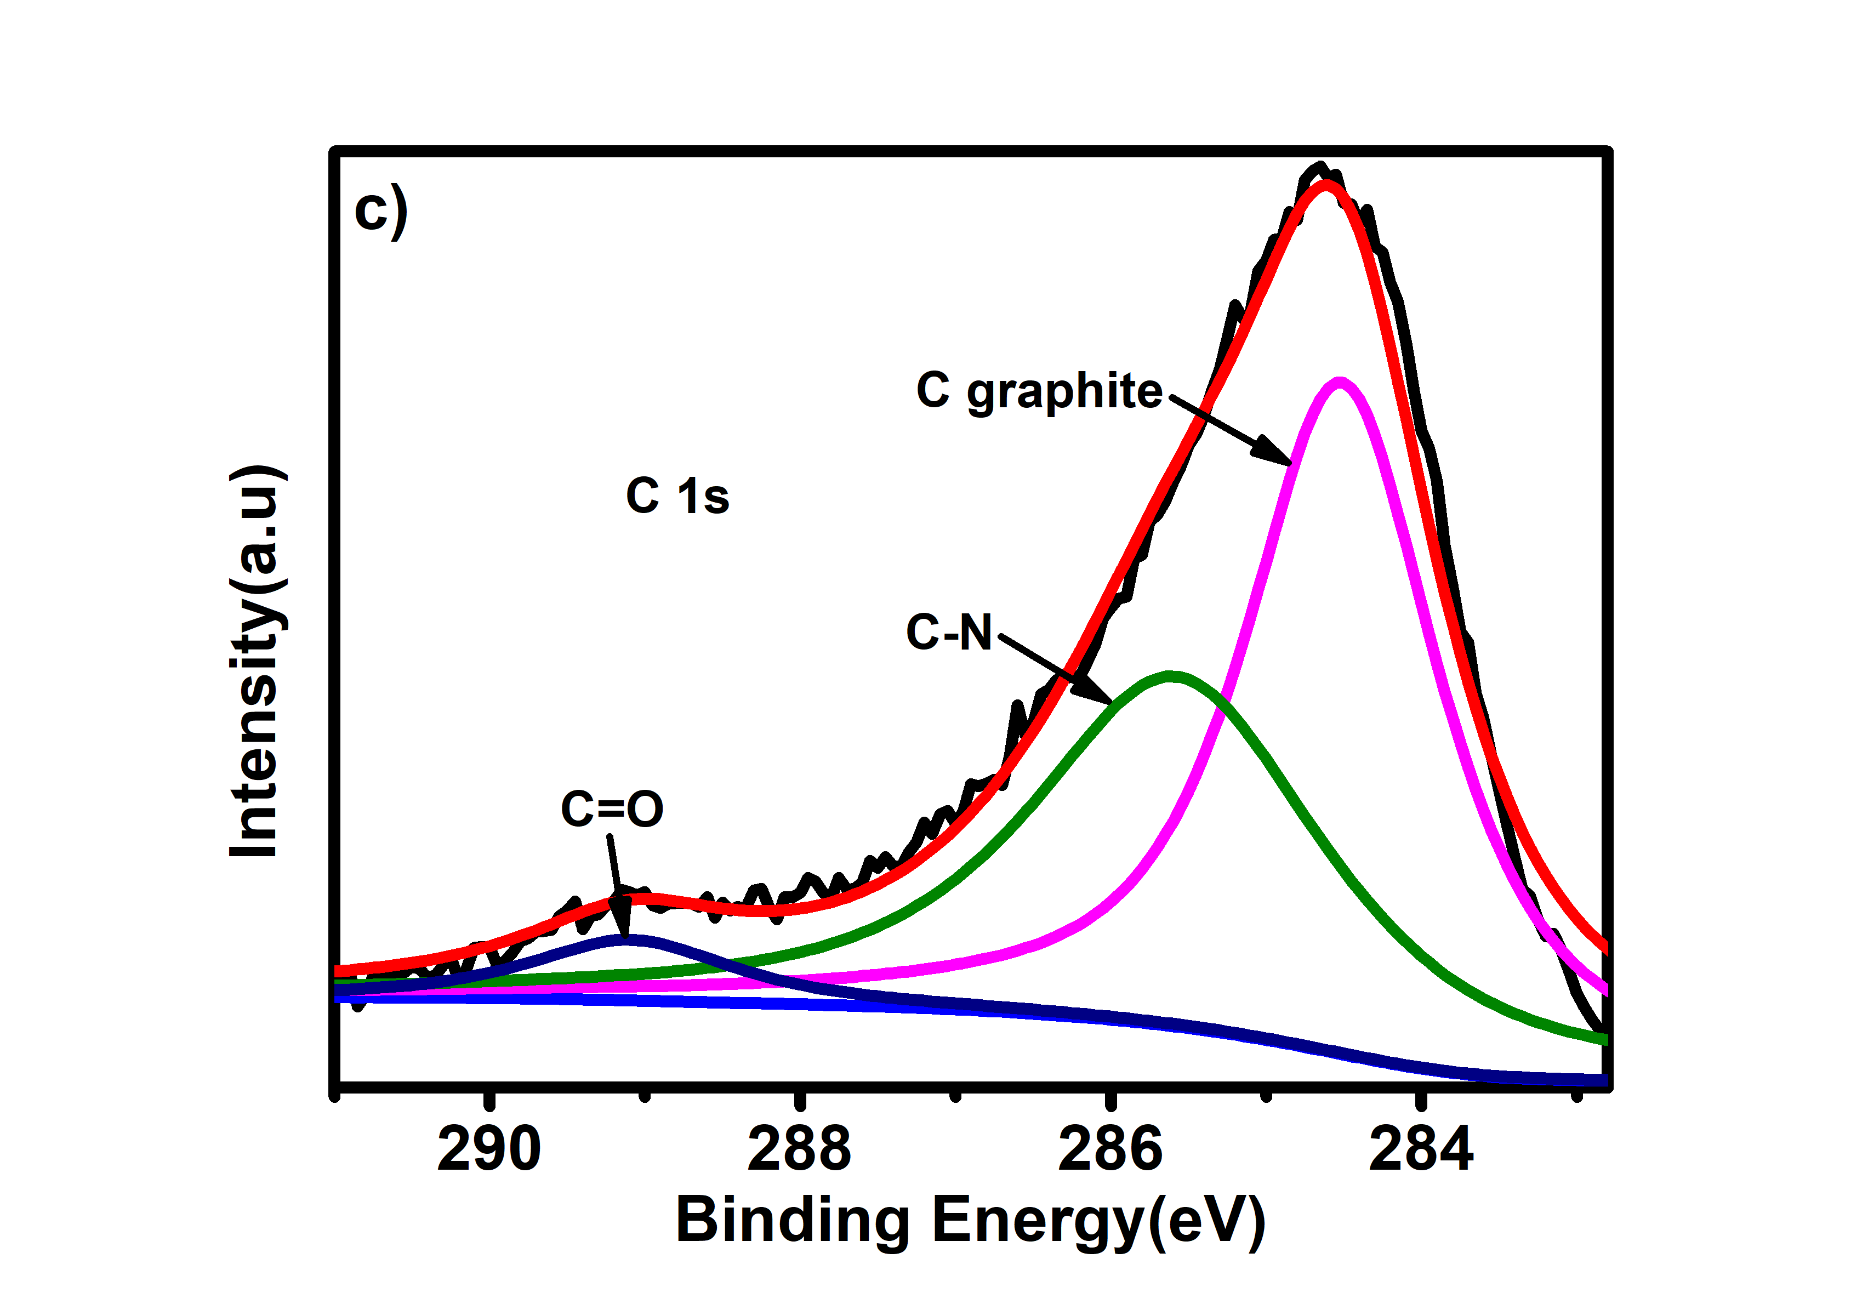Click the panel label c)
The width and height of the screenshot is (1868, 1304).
pos(380,210)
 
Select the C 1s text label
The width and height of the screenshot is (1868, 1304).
pos(677,496)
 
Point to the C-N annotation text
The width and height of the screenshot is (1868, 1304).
pos(949,632)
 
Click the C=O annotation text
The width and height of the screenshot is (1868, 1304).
pos(612,810)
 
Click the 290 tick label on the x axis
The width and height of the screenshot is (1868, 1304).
pos(488,1151)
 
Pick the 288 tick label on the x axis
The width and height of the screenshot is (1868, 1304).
pos(799,1151)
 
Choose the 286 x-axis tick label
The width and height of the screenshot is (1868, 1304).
pos(1110,1151)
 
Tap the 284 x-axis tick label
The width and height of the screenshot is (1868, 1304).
pos(1421,1151)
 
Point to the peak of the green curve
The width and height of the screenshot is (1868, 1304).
pos(1170,676)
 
